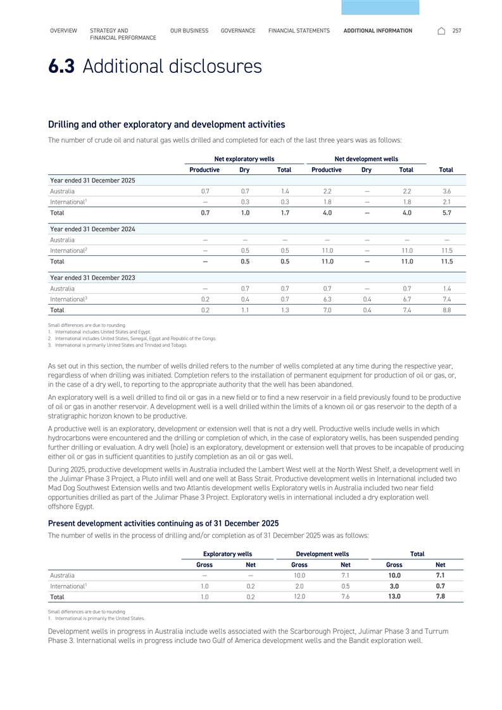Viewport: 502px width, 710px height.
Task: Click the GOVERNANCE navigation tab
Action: (238, 30)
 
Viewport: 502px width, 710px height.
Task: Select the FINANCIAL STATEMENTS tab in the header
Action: (299, 30)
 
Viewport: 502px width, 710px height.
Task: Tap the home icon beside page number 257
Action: (441, 30)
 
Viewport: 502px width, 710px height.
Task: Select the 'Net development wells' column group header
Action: (366, 158)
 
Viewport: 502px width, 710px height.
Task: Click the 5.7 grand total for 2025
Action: (447, 213)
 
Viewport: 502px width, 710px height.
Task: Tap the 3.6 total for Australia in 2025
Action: (447, 191)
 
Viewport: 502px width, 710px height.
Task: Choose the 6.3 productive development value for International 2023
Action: (327, 299)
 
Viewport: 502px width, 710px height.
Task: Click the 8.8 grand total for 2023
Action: (447, 310)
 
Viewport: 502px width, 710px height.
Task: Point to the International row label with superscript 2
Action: (68, 250)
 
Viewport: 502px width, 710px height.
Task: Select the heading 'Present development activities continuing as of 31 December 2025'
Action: (163, 523)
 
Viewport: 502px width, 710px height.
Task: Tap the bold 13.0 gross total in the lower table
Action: (394, 596)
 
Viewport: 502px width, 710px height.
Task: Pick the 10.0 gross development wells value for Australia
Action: (299, 575)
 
